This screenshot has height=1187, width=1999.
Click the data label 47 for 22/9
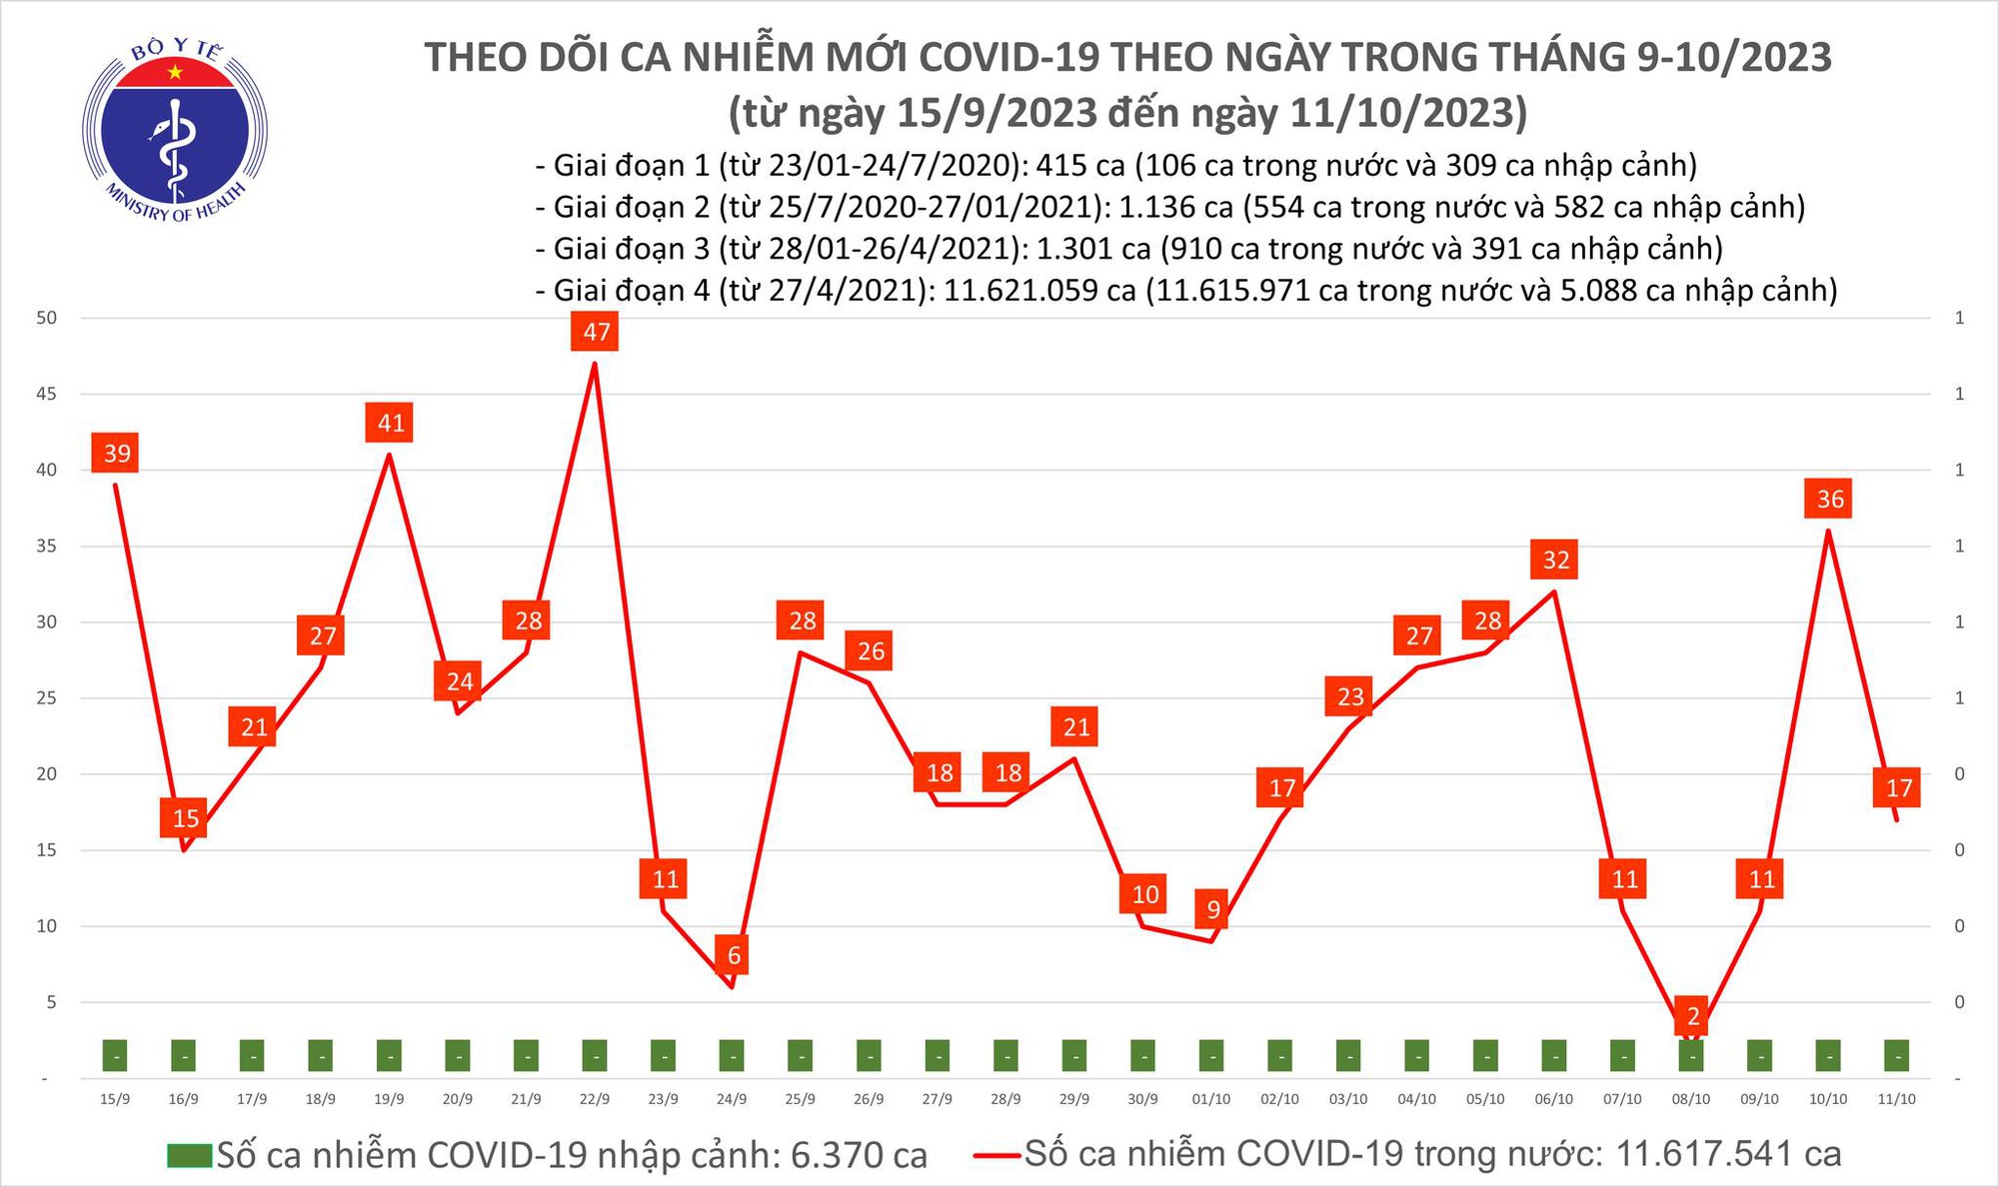[x=595, y=332]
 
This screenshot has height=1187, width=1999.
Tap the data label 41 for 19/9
[x=390, y=423]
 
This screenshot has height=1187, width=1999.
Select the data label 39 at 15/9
[x=117, y=454]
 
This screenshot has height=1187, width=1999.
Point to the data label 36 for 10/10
[x=1829, y=499]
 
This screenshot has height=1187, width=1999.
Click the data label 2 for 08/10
[x=1693, y=1017]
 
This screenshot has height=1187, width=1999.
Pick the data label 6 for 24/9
[x=733, y=955]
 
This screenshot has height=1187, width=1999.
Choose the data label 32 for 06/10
[x=1555, y=560]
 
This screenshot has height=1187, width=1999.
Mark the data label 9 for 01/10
[x=1212, y=910]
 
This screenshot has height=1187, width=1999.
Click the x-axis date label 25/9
[x=800, y=1099]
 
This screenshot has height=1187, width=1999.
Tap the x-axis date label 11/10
[x=1896, y=1099]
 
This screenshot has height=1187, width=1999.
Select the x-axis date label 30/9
[x=1142, y=1099]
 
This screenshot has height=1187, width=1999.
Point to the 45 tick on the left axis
[x=46, y=395]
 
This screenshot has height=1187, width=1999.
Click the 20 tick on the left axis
[x=46, y=774]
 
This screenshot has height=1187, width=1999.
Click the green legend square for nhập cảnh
[x=189, y=1156]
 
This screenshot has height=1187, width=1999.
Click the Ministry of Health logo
[x=175, y=130]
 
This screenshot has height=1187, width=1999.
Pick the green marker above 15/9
[x=116, y=1055]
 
